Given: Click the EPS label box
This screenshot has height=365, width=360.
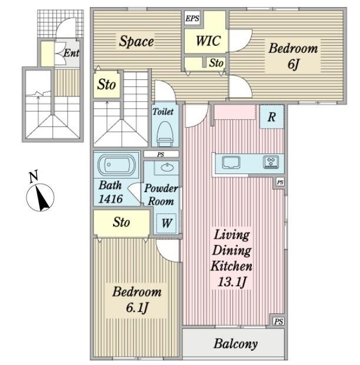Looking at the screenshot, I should tap(192, 18).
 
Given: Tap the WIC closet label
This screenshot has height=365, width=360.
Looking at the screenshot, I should tap(208, 41).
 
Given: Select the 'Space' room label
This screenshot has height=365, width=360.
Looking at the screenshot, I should tap(136, 41).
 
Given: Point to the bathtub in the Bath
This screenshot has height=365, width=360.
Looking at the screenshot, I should tap(116, 165).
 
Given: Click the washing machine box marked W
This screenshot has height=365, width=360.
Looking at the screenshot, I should tap(167, 223).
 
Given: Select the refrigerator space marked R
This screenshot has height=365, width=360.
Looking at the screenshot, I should tap(271, 116).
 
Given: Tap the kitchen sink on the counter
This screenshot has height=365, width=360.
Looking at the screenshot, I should tap(230, 161).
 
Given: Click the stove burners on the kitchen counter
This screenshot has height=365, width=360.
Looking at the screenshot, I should tap(272, 161).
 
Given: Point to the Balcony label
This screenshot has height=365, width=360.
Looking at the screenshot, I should tap(235, 343).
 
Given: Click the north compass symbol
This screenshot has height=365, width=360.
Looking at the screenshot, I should tap(41, 196).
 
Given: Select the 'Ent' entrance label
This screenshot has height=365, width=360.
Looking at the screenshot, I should tap(71, 53).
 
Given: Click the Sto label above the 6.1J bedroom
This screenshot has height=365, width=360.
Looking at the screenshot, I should tap(122, 223).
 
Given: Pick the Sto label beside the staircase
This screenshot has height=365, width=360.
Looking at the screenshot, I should tap(106, 85).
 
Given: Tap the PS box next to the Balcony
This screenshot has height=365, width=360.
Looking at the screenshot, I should tap(278, 321).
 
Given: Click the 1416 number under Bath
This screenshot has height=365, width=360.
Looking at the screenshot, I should tap(111, 199).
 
